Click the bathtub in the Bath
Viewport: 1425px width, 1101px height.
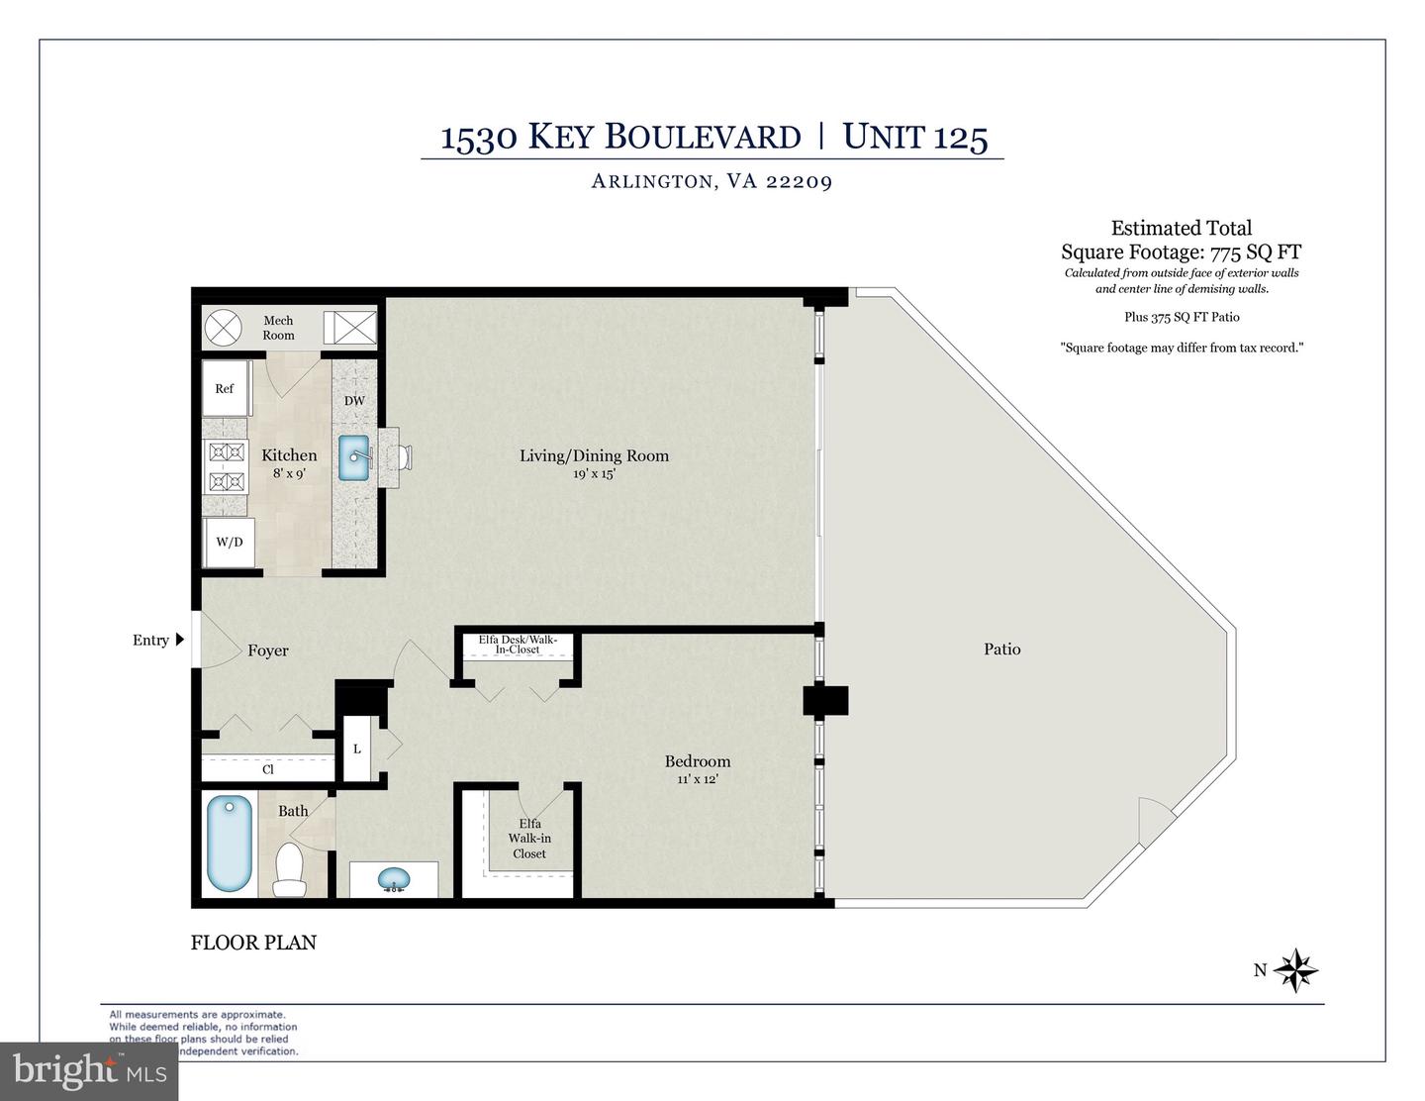pyautogui.click(x=230, y=846)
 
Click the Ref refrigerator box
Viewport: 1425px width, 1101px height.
pyautogui.click(x=226, y=389)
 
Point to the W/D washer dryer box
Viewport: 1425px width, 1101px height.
pyautogui.click(x=230, y=542)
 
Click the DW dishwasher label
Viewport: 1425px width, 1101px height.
pyautogui.click(x=354, y=401)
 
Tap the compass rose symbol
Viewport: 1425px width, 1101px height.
pyautogui.click(x=1295, y=970)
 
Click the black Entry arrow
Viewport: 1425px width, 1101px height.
pyautogui.click(x=180, y=640)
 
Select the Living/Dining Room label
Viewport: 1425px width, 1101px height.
pyautogui.click(x=594, y=455)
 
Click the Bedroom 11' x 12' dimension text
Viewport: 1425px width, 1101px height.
pyautogui.click(x=697, y=779)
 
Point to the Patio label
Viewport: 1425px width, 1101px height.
pyautogui.click(x=1001, y=649)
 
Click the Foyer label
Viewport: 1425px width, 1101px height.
pyautogui.click(x=268, y=651)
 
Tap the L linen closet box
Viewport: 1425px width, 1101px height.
pyautogui.click(x=357, y=749)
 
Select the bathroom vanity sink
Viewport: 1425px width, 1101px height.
pyautogui.click(x=395, y=878)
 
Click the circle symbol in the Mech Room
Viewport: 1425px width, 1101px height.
pyautogui.click(x=224, y=327)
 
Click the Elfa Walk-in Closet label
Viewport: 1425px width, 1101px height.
pyautogui.click(x=529, y=839)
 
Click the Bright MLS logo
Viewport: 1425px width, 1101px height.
pyautogui.click(x=89, y=1069)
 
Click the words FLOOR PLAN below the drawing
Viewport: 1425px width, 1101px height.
pyautogui.click(x=253, y=943)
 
